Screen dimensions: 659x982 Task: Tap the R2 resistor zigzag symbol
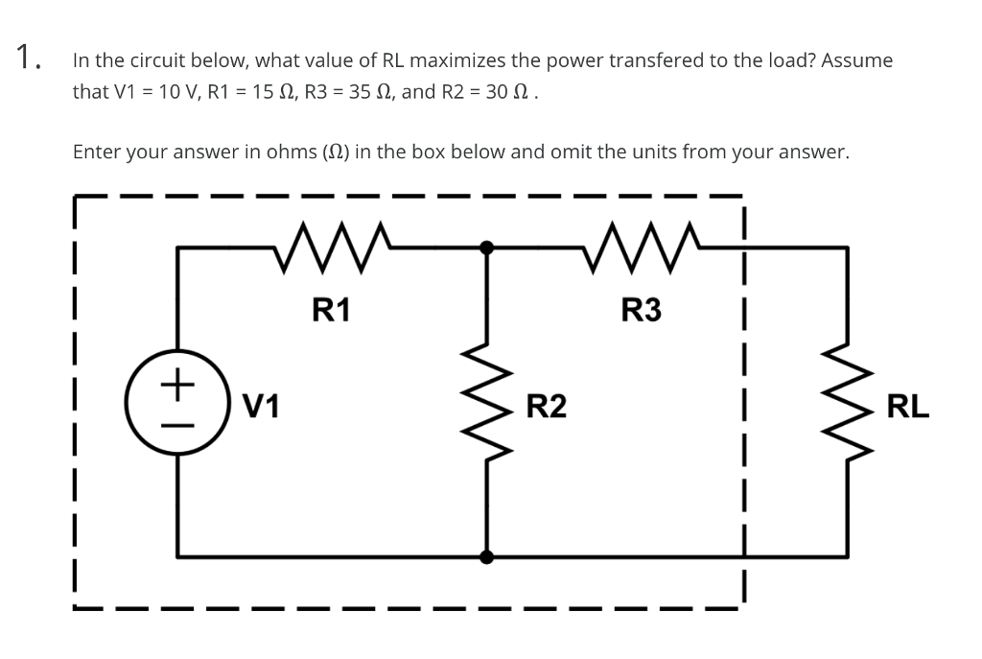pyautogui.click(x=488, y=403)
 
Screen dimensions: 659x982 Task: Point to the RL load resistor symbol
pyautogui.click(x=848, y=403)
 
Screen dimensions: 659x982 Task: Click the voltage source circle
pyautogui.click(x=175, y=404)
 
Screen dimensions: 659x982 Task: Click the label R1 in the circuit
pyautogui.click(x=332, y=310)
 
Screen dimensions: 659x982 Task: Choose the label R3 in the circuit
pyautogui.click(x=642, y=310)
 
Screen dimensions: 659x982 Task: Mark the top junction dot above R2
pyautogui.click(x=488, y=247)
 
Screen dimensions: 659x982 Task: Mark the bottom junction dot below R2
pyautogui.click(x=488, y=556)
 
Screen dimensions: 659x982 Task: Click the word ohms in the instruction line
pyautogui.click(x=298, y=152)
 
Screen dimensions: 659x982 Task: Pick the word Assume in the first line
pyautogui.click(x=856, y=60)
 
